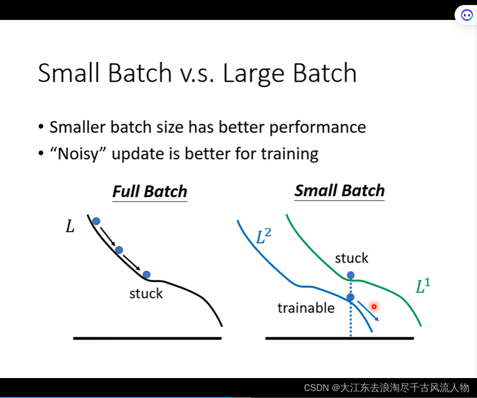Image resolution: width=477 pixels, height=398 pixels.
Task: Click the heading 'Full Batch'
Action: pyautogui.click(x=150, y=192)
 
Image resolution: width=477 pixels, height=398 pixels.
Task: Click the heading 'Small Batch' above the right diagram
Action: pyautogui.click(x=339, y=191)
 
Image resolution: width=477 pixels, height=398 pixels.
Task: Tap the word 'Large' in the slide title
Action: pyautogui.click(x=253, y=73)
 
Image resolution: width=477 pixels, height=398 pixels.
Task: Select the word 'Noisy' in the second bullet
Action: pyautogui.click(x=78, y=154)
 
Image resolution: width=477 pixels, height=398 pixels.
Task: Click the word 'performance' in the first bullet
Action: pyautogui.click(x=318, y=127)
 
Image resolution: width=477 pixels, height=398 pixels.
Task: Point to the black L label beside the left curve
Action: pyautogui.click(x=70, y=226)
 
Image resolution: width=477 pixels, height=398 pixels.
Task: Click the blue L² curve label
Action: pyautogui.click(x=264, y=236)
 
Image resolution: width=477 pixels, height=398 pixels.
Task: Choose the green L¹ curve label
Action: pyautogui.click(x=423, y=286)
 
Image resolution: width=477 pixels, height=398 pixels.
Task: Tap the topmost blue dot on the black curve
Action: pyautogui.click(x=96, y=221)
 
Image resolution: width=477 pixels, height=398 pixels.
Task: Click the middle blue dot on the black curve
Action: pyautogui.click(x=119, y=250)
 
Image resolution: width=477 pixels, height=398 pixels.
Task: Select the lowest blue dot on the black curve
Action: pyautogui.click(x=147, y=274)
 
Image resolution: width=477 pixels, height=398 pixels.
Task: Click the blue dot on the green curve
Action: pyautogui.click(x=350, y=275)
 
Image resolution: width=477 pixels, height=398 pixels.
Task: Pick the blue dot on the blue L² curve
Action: pyautogui.click(x=350, y=297)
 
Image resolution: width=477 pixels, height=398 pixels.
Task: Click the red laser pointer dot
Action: pyautogui.click(x=374, y=307)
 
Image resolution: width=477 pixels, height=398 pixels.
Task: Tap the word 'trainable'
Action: pyautogui.click(x=306, y=308)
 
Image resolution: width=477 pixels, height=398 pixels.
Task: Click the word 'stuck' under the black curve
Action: pyautogui.click(x=146, y=294)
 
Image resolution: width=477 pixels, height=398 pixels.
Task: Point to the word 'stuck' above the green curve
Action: pyautogui.click(x=352, y=258)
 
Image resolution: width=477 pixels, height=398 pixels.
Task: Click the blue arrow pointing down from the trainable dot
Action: pyautogui.click(x=368, y=311)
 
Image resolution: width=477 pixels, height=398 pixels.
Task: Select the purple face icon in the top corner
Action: pyautogui.click(x=467, y=14)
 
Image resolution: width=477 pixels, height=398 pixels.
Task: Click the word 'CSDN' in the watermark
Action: pyautogui.click(x=317, y=388)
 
